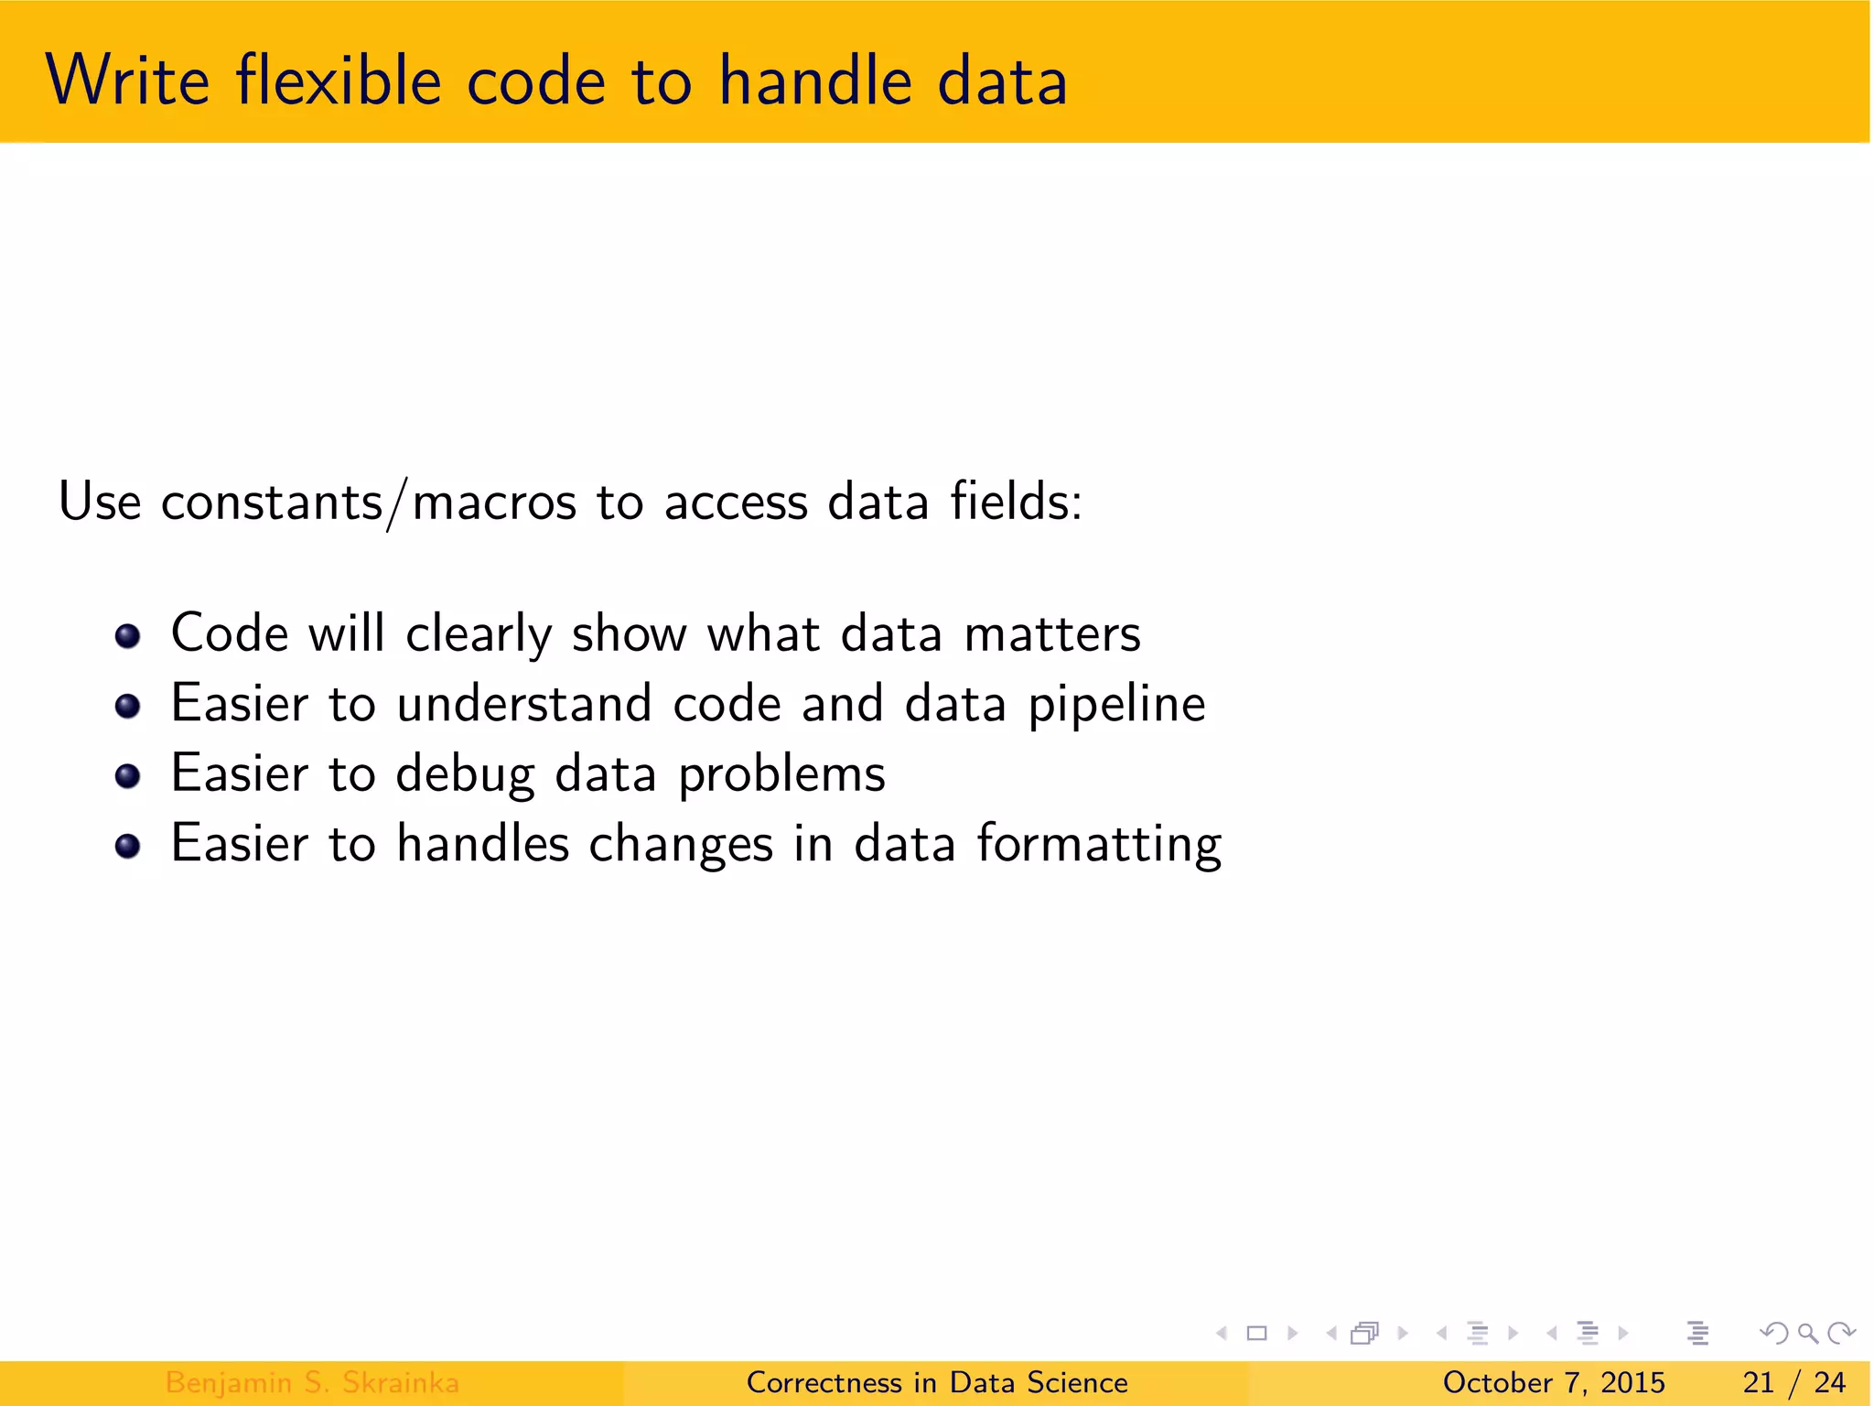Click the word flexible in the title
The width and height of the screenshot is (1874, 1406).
[339, 81]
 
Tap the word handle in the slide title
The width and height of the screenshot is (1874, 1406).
[815, 81]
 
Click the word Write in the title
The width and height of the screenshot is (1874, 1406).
[127, 81]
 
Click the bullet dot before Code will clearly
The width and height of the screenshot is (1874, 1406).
[128, 635]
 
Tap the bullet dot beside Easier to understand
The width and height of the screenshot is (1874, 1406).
[128, 706]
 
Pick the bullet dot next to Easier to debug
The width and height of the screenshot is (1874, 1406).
[128, 776]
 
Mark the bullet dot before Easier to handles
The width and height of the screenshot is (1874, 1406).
[128, 846]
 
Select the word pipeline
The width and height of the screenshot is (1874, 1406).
[1116, 705]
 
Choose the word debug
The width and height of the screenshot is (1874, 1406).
[465, 775]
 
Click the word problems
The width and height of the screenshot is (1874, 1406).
[781, 775]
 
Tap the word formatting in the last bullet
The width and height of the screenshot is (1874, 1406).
[1098, 844]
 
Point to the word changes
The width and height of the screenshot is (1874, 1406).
[681, 844]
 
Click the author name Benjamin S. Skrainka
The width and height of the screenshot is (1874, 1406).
[312, 1382]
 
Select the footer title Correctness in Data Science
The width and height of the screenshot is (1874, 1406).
[937, 1382]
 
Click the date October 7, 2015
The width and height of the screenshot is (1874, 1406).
[1553, 1382]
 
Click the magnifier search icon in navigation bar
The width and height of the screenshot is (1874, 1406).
[1807, 1333]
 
